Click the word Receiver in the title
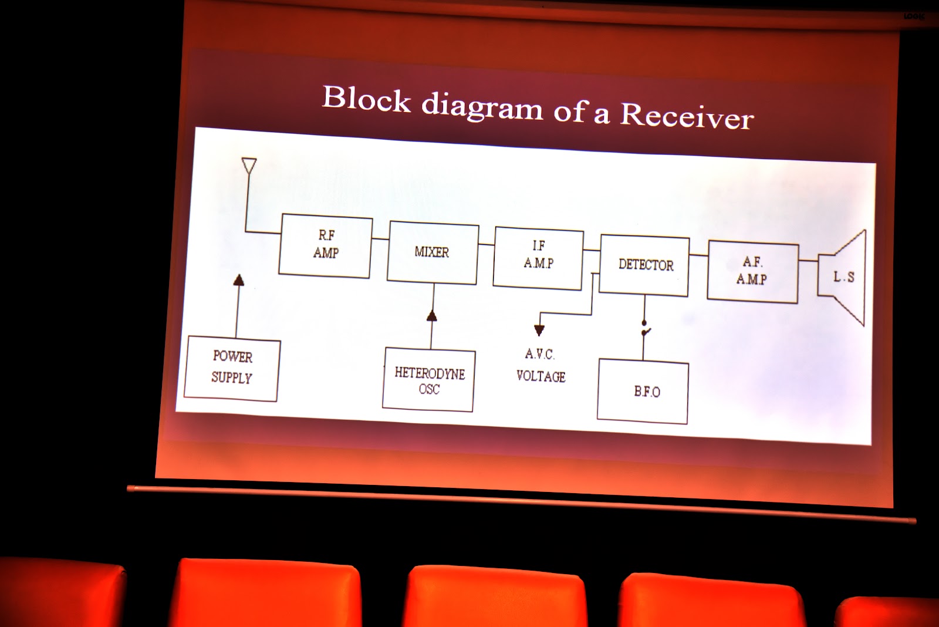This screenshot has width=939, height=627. click(x=687, y=115)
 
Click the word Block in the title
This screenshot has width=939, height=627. click(x=366, y=98)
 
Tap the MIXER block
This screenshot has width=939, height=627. click(x=433, y=252)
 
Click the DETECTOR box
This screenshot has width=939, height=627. click(x=645, y=265)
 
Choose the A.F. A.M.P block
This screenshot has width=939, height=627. click(x=752, y=271)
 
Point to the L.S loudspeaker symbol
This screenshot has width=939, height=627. click(x=843, y=277)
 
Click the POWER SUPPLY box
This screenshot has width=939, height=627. click(x=232, y=368)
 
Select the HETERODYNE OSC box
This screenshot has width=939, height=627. click(x=428, y=380)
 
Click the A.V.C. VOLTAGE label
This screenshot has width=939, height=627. click(x=541, y=365)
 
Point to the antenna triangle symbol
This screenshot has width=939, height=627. click(x=249, y=166)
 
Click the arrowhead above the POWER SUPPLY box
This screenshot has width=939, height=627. click(x=238, y=280)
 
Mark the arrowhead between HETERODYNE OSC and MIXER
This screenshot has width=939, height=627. click(x=432, y=316)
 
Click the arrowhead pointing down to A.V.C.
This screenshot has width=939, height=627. click(x=539, y=330)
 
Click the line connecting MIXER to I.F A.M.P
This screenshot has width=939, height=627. click(x=486, y=244)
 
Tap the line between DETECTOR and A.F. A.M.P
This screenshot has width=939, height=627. click(x=698, y=255)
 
